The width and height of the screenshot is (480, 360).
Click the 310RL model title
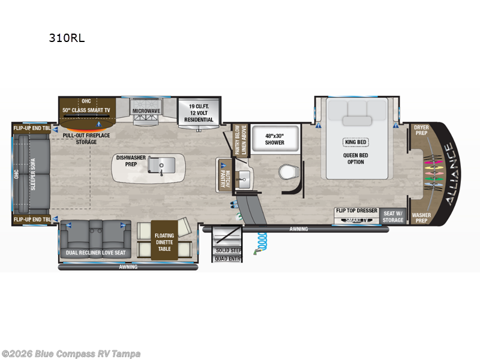click(66, 38)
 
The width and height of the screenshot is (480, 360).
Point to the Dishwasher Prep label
click(130, 161)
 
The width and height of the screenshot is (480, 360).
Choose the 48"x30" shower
click(275, 139)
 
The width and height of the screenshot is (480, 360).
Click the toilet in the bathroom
click(287, 172)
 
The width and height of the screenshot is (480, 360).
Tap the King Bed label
click(355, 142)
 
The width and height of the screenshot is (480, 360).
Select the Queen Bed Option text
click(355, 158)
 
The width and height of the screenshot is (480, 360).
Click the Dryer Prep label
click(421, 130)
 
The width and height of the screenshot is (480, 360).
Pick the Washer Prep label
click(421, 217)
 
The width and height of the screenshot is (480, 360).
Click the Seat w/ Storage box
click(394, 215)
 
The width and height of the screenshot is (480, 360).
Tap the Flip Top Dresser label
click(356, 211)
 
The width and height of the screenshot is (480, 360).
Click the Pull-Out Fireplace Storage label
click(85, 139)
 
